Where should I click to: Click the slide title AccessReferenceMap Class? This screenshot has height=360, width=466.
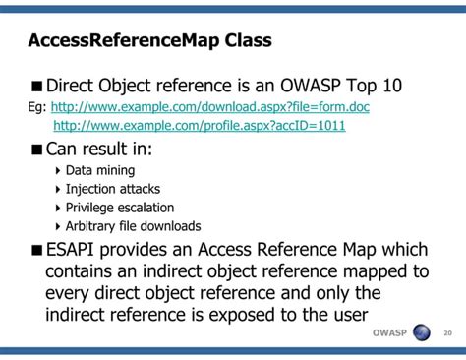click(x=149, y=42)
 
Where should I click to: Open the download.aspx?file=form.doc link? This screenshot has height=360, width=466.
click(x=209, y=107)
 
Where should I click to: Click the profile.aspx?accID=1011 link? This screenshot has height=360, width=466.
click(x=199, y=126)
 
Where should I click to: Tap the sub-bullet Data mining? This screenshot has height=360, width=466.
click(x=99, y=170)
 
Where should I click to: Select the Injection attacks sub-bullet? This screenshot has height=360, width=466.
click(x=112, y=189)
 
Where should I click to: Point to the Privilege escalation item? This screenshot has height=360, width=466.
click(x=119, y=208)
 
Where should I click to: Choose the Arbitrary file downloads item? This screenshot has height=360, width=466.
click(x=133, y=226)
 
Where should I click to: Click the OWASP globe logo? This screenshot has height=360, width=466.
click(x=422, y=332)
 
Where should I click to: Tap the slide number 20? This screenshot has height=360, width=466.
click(x=448, y=332)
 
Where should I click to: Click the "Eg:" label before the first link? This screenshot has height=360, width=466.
click(x=37, y=107)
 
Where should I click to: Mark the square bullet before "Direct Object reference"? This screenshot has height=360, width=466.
click(x=37, y=86)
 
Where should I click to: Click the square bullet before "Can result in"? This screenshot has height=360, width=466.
click(x=37, y=150)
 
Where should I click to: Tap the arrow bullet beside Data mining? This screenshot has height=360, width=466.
click(x=57, y=170)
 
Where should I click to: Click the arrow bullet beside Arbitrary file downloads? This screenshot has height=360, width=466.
click(x=57, y=226)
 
